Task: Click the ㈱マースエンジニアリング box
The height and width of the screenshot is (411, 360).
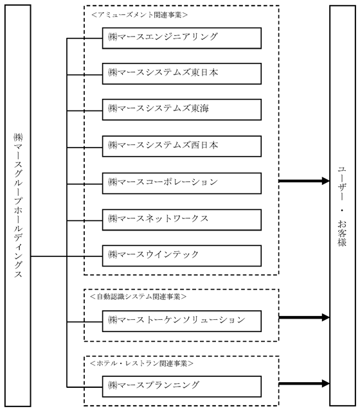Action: point(181,38)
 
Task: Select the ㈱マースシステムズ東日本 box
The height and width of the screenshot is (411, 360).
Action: point(181,74)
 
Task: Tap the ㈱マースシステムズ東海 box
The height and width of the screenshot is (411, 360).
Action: point(181,110)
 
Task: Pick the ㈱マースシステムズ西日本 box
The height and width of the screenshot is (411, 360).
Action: point(181,146)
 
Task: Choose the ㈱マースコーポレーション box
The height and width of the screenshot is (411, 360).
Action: point(181,183)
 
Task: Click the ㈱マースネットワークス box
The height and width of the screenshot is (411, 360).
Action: point(181,220)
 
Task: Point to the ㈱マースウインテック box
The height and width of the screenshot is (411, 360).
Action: point(181,256)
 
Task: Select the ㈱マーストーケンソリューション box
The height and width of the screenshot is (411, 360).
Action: point(181,321)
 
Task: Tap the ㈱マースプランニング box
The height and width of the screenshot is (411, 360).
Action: point(181,387)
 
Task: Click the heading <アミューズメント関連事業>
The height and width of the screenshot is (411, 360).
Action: point(139,15)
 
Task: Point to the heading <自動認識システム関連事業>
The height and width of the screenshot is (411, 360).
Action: point(138,297)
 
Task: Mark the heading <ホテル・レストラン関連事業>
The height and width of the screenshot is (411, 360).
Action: point(141,363)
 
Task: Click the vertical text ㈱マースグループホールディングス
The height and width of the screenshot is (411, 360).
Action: point(18,205)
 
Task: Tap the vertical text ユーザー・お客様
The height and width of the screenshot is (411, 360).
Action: point(342,206)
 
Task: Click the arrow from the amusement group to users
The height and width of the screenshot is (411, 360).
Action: point(304,181)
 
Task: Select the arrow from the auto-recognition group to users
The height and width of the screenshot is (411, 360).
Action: point(304,317)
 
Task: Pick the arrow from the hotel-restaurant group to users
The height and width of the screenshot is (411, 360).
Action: point(304,384)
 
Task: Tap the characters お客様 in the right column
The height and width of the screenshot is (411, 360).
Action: point(342,233)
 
